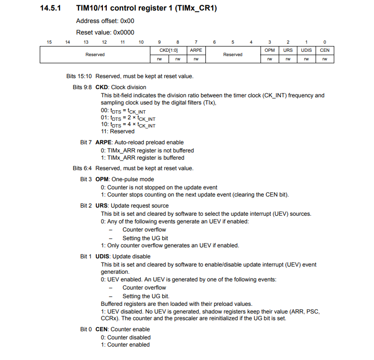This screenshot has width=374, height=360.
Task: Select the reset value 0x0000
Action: (x=124, y=33)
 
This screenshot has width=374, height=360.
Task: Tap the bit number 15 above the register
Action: (x=49, y=42)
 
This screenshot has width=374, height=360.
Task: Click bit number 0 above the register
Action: (x=325, y=42)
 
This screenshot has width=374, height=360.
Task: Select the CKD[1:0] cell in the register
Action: (x=169, y=50)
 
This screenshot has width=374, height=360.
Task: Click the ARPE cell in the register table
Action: (x=196, y=50)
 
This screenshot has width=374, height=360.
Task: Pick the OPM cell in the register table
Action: (x=270, y=50)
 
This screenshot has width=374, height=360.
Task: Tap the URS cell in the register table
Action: (x=288, y=50)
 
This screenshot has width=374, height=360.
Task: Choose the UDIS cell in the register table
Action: (x=306, y=50)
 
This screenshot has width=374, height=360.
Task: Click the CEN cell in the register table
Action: (x=325, y=50)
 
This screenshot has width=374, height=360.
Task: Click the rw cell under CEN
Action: (x=325, y=59)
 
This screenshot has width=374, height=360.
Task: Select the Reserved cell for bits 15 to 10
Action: (x=95, y=55)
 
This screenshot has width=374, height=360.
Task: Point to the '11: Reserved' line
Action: (x=117, y=131)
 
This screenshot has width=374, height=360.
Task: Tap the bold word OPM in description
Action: (x=102, y=179)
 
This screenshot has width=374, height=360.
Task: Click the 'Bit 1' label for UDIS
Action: (x=86, y=256)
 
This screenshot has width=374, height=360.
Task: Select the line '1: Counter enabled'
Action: (x=125, y=345)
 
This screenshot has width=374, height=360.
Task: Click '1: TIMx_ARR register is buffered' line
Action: (x=142, y=158)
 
